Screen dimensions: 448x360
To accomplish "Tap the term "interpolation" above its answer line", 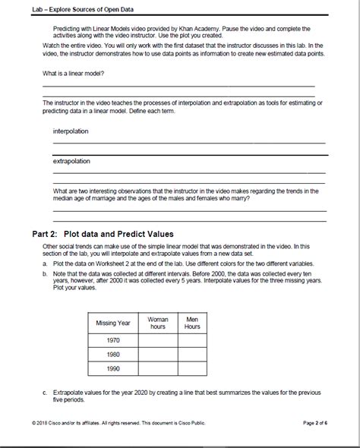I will coord(70,131).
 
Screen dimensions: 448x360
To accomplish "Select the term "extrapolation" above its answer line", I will coord(71,161).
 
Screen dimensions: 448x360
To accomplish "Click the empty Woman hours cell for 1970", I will coord(158,342).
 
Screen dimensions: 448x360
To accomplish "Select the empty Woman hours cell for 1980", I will coord(158,355).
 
